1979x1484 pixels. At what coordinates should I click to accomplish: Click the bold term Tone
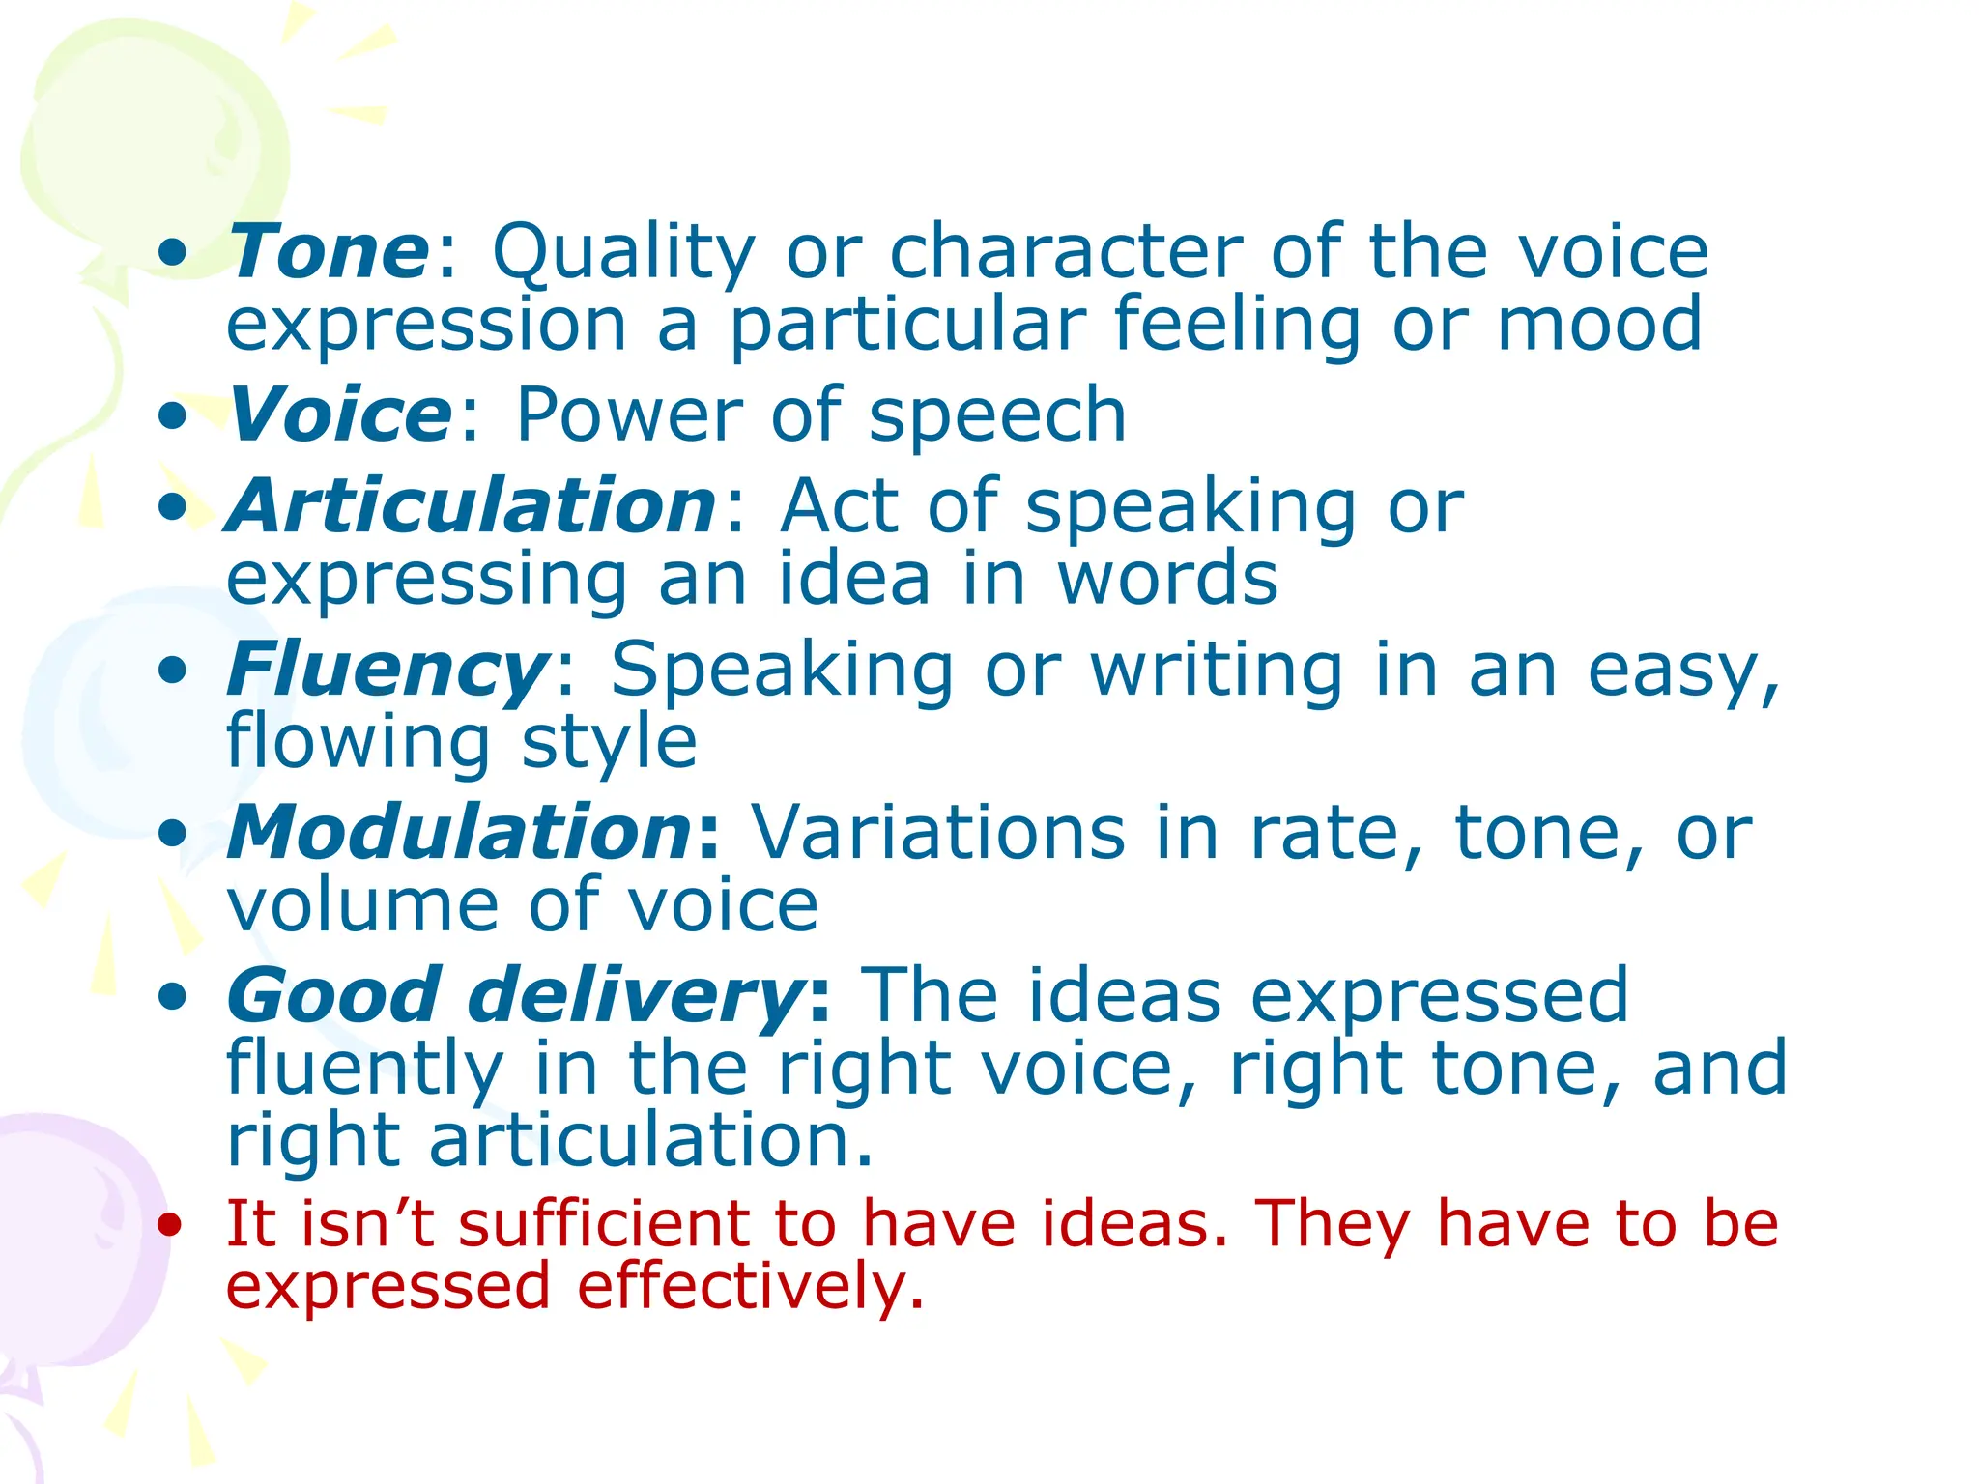[x=329, y=252]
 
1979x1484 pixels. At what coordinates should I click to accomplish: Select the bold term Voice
[x=339, y=414]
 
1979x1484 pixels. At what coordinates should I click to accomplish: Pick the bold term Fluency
[x=387, y=670]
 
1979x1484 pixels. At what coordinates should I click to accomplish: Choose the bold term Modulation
[x=460, y=832]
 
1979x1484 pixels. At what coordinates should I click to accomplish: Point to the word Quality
[x=622, y=254]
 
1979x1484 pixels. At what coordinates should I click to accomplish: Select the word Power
[x=627, y=414]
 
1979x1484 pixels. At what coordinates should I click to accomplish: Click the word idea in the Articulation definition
[x=854, y=579]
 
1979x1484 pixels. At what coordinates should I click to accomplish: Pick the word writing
[x=1217, y=670]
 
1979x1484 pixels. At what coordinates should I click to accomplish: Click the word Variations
[x=938, y=832]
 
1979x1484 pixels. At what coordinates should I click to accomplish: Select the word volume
[x=362, y=905]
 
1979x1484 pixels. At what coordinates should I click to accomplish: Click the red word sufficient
[x=603, y=1223]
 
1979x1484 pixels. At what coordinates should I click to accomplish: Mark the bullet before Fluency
[x=172, y=670]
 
